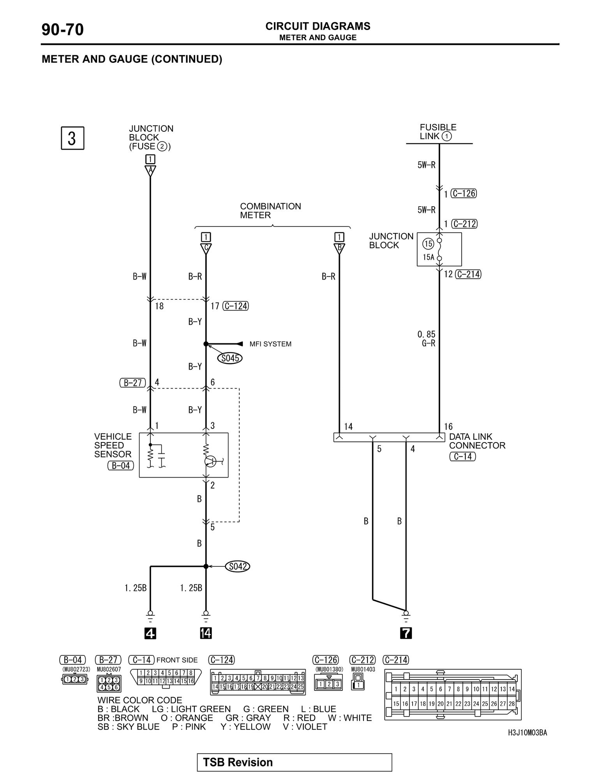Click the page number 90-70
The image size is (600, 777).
62,30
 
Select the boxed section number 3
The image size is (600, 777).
72,138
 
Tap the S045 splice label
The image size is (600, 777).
230,358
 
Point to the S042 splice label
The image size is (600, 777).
237,566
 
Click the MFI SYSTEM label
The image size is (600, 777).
270,344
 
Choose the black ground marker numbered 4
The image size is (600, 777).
150,634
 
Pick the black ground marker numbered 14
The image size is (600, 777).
206,634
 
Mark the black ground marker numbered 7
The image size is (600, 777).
406,634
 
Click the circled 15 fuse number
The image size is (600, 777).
428,244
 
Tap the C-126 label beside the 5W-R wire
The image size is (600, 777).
464,193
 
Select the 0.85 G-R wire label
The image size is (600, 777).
427,339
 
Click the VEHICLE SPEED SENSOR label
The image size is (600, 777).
113,445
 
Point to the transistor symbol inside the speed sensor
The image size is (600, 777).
210,462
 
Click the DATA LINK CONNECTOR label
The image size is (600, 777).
477,441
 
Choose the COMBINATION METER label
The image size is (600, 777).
270,211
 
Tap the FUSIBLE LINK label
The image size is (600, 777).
438,132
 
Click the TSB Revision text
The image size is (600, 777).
238,762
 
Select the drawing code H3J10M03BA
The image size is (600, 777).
528,733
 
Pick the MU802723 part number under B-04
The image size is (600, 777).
76,669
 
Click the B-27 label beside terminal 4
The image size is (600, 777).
132,383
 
